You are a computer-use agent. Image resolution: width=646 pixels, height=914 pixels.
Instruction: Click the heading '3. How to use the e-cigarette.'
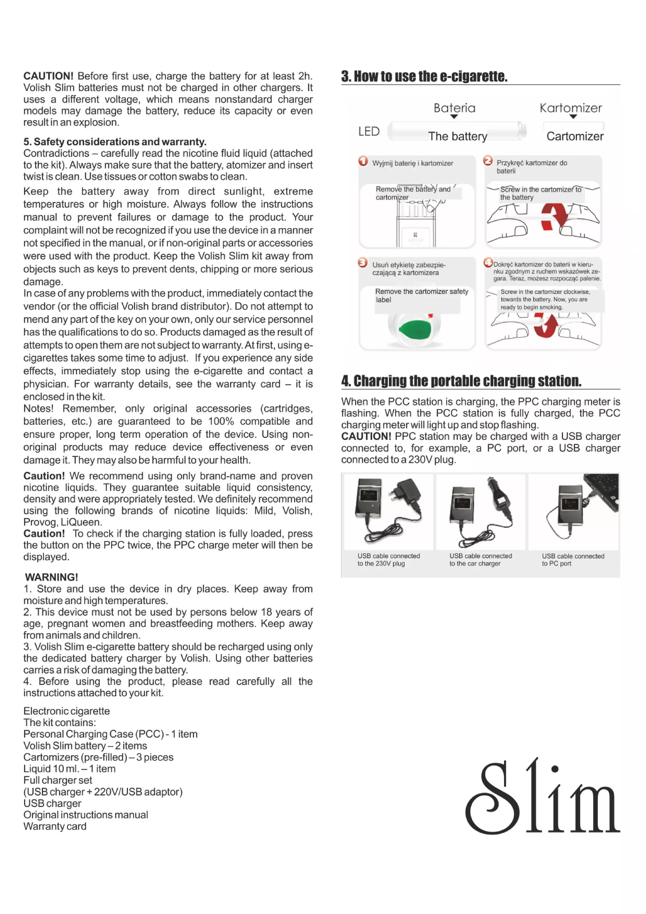tap(424, 76)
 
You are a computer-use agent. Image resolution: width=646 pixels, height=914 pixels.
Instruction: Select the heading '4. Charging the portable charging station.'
tap(461, 381)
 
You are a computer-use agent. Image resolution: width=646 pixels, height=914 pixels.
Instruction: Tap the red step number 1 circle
tap(363, 161)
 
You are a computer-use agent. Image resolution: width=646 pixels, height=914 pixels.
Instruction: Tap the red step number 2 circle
tap(488, 160)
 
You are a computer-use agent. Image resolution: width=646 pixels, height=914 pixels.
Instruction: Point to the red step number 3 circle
tap(362, 262)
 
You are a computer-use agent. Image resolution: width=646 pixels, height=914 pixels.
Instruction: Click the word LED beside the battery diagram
tap(369, 131)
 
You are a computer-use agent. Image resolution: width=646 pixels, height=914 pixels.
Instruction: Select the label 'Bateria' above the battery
tap(454, 108)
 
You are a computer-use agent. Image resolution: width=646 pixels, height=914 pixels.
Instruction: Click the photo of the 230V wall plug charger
tap(388, 512)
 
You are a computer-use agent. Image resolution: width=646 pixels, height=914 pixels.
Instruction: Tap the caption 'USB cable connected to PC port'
tap(573, 559)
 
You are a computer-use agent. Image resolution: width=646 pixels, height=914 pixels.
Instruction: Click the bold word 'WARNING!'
tap(51, 577)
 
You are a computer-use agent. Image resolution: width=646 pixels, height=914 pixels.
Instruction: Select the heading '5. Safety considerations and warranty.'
tap(115, 142)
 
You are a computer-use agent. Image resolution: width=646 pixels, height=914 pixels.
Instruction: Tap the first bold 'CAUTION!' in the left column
tap(48, 76)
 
